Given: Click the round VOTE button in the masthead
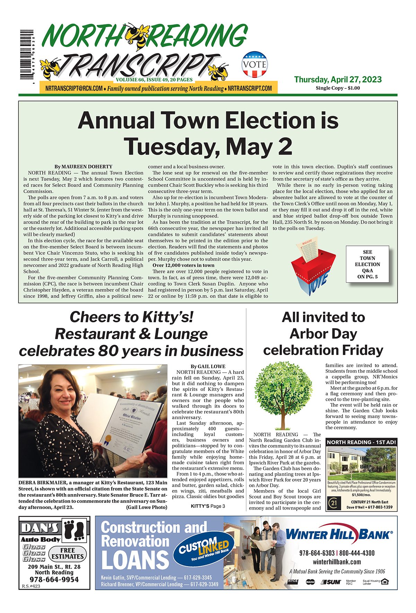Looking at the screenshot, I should [x=255, y=64].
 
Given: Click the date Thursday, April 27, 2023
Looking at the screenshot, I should [x=338, y=79].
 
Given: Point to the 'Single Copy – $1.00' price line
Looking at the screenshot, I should [x=338, y=88].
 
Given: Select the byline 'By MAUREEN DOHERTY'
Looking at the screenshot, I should [x=83, y=167].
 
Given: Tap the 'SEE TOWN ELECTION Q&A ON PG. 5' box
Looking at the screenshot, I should [x=367, y=264].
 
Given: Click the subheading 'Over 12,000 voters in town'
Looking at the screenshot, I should [x=183, y=265].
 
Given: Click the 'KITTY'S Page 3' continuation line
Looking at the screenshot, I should [x=208, y=506].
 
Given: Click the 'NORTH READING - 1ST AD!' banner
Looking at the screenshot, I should [x=361, y=442].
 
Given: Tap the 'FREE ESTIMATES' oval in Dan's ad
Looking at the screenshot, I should [x=67, y=553].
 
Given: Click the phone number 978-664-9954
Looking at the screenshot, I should [x=54, y=579].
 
